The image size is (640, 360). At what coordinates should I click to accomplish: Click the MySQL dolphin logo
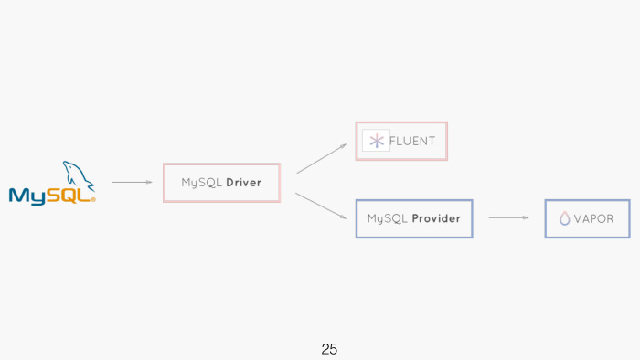(x=52, y=183)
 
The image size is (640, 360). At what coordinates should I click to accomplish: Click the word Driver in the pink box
(x=243, y=183)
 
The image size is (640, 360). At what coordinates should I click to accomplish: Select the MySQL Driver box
(x=221, y=183)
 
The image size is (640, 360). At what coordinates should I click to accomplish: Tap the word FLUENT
(x=412, y=141)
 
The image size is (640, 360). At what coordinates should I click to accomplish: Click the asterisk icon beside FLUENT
(x=376, y=141)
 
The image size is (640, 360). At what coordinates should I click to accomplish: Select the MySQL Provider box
(x=413, y=219)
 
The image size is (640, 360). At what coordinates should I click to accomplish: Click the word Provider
(x=435, y=219)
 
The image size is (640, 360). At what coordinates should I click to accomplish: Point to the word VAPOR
(x=593, y=219)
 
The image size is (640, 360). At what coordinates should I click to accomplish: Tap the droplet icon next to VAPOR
(x=564, y=219)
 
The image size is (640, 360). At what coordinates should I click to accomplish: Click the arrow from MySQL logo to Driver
(x=132, y=182)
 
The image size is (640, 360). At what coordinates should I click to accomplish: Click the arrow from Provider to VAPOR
(x=508, y=217)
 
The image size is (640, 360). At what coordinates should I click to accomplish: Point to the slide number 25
(x=329, y=349)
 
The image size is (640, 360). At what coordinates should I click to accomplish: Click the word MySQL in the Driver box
(x=201, y=183)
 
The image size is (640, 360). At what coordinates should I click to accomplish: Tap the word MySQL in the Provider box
(x=388, y=219)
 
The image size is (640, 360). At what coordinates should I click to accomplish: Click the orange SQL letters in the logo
(x=73, y=195)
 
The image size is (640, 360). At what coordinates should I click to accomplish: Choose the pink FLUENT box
(x=401, y=141)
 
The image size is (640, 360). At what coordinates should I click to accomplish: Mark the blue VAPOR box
(x=587, y=219)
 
